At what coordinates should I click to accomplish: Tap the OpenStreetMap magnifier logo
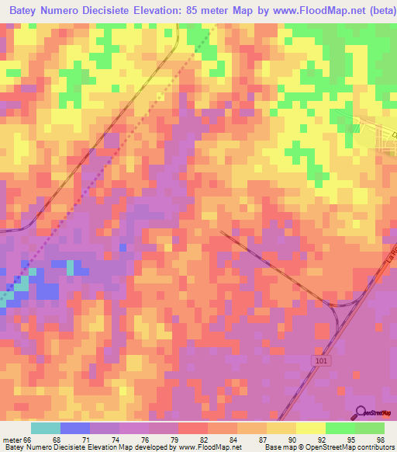[361, 412]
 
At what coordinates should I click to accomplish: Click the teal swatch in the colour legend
[46, 428]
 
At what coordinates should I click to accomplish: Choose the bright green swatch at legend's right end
[370, 428]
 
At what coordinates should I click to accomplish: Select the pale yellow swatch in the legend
[309, 428]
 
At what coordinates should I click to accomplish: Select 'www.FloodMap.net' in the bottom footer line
[210, 447]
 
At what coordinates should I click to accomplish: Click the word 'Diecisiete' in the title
[117, 12]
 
